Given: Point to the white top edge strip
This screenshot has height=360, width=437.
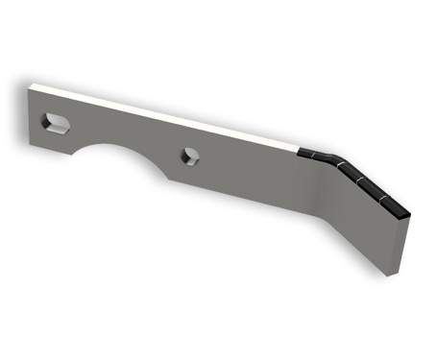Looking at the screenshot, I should pyautogui.click(x=173, y=114).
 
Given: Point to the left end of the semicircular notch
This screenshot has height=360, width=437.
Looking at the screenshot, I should pyautogui.click(x=77, y=154).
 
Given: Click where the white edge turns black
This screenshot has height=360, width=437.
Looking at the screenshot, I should pyautogui.click(x=299, y=152).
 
